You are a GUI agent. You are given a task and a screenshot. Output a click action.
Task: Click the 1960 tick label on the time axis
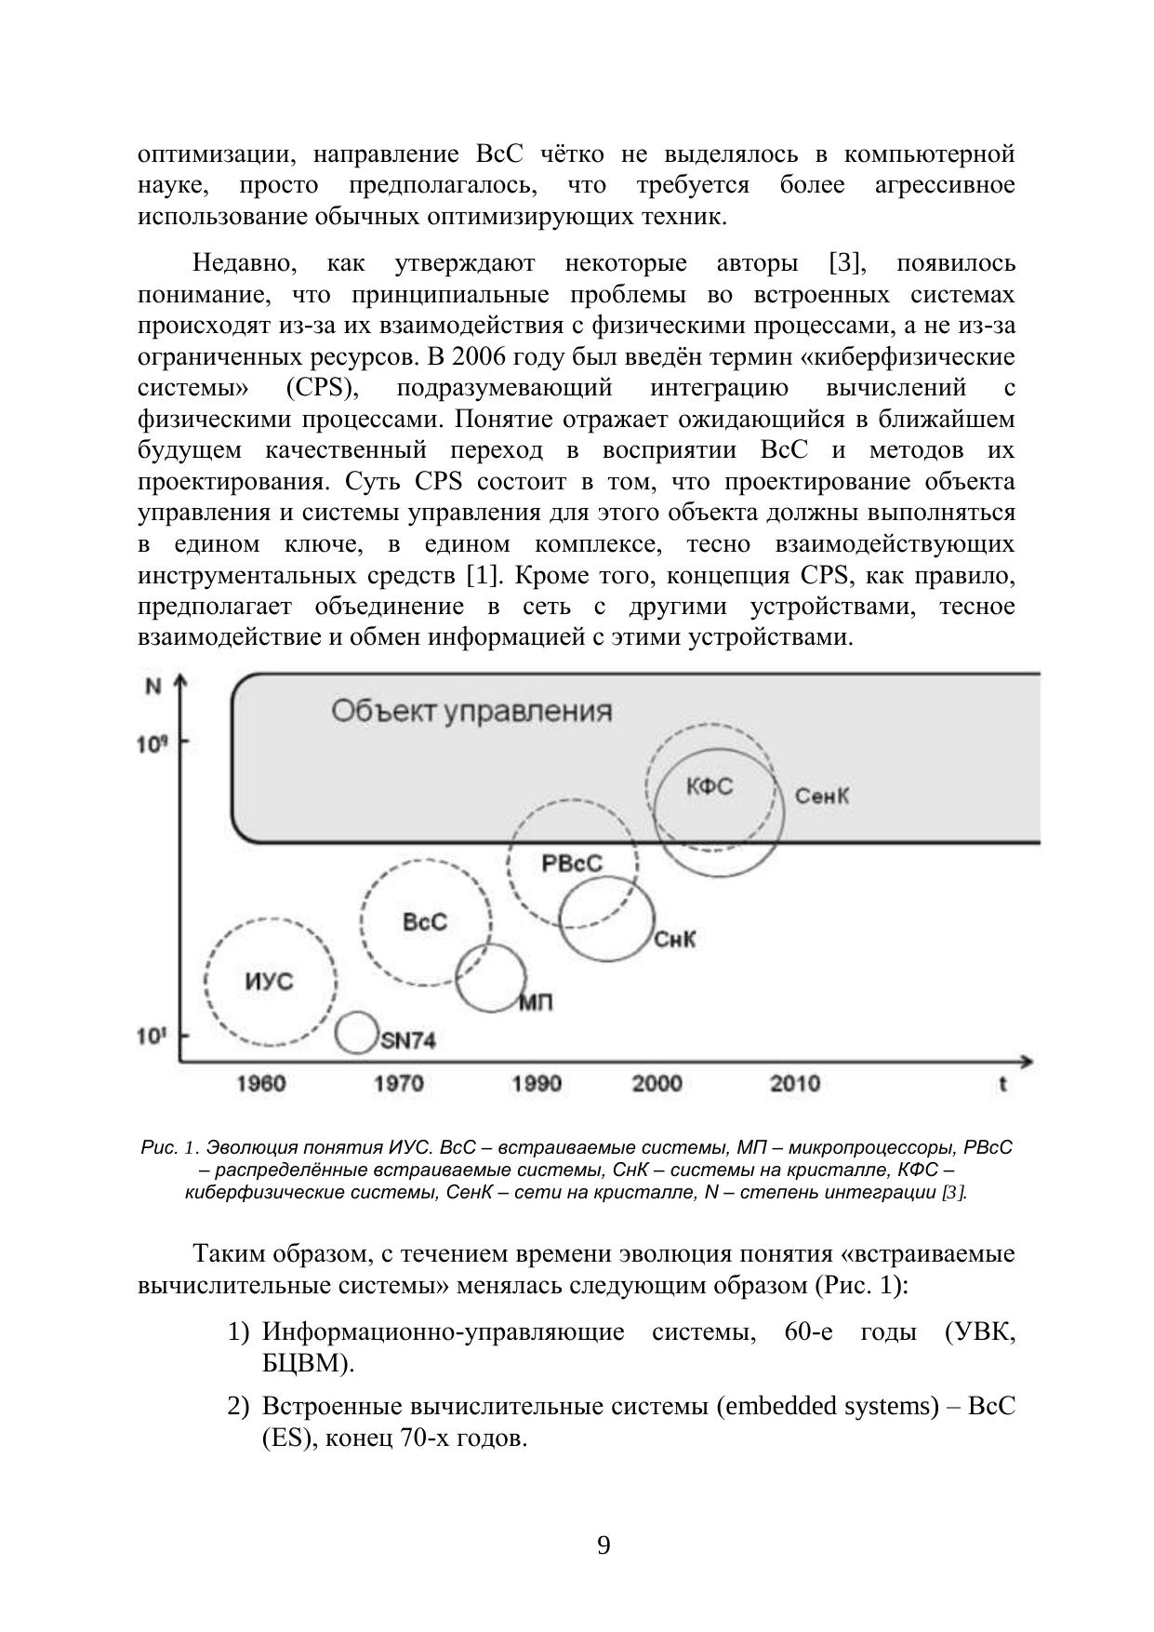tap(260, 1083)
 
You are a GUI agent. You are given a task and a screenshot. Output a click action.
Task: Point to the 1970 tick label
tap(398, 1083)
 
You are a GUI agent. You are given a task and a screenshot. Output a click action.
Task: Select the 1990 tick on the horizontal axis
tap(537, 1083)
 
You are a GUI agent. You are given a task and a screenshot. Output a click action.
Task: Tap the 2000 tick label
tap(657, 1083)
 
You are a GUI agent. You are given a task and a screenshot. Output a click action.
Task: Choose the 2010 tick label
tap(795, 1083)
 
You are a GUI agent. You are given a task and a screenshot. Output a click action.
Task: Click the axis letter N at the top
tap(154, 688)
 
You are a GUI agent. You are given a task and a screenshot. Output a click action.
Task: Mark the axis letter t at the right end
tap(1002, 1084)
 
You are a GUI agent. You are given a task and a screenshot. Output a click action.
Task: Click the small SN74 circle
tap(355, 1033)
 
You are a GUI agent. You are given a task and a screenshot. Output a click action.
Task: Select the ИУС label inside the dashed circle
tap(269, 982)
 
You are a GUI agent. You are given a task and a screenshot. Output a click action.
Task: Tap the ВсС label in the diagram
tap(425, 922)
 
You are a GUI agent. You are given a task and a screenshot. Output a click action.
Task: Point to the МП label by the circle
tap(535, 1003)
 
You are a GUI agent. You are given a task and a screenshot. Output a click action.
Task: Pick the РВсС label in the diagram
tap(572, 863)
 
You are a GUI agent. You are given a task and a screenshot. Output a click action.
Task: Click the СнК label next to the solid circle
tap(675, 940)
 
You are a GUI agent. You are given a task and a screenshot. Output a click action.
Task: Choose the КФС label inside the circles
tap(710, 787)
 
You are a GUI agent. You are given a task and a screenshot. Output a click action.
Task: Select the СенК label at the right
tap(822, 796)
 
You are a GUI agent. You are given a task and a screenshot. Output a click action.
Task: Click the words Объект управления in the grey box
tap(471, 712)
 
